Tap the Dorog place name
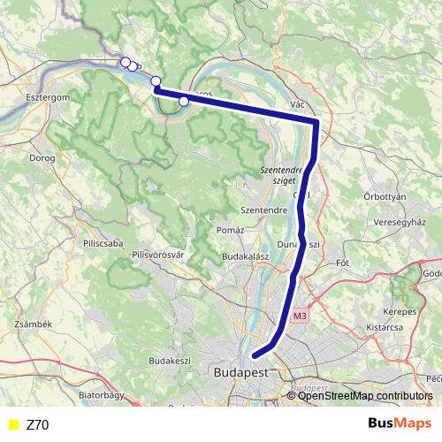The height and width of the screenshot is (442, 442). click(x=42, y=158)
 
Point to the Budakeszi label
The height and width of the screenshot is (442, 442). click(x=170, y=361)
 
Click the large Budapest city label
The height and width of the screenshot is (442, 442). click(x=241, y=373)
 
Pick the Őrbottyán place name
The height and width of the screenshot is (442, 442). click(x=385, y=196)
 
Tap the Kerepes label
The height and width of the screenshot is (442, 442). click(x=400, y=312)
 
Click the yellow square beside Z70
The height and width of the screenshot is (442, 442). click(x=11, y=425)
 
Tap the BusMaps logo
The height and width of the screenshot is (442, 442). click(x=400, y=424)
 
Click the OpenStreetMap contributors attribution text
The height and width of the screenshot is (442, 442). click(x=364, y=396)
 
